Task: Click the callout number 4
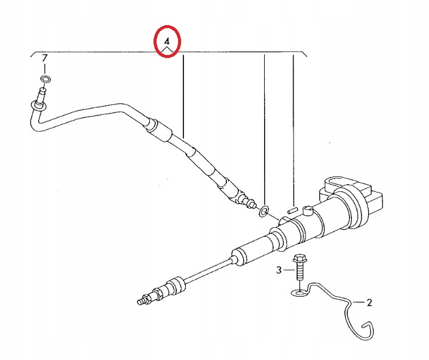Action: pos(167,42)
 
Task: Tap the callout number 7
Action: pos(44,58)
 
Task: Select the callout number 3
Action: pos(278,270)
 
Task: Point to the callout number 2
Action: pos(369,303)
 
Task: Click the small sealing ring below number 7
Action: pos(46,79)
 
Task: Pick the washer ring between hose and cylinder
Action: pos(263,212)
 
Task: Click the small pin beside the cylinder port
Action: pos(292,210)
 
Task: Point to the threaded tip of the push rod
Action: pos(142,301)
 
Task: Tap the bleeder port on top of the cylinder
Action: pos(307,211)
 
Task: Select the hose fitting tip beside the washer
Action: pos(250,203)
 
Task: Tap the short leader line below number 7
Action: pos(45,68)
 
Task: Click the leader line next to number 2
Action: pos(358,302)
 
